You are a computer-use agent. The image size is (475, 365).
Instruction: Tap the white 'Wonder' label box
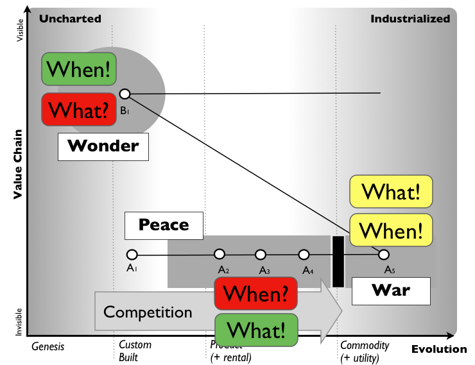tap(103, 146)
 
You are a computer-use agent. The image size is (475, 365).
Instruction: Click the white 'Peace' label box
tap(164, 225)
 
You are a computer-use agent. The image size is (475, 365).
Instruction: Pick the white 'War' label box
tap(391, 291)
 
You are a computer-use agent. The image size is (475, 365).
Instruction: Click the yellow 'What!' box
tap(391, 192)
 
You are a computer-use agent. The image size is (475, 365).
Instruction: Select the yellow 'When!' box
tap(391, 229)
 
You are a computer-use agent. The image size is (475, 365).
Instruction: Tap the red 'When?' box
tap(257, 294)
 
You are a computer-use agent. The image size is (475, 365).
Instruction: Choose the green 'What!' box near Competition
tap(257, 330)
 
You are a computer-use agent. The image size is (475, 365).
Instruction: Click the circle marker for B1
tap(125, 94)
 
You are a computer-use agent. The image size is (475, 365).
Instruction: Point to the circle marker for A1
tap(132, 254)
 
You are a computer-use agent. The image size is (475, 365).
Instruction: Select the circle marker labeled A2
tap(220, 254)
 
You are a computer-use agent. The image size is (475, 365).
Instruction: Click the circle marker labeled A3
tap(261, 254)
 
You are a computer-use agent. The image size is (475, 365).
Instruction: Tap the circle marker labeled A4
tap(304, 254)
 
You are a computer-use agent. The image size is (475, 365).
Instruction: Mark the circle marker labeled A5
tap(384, 254)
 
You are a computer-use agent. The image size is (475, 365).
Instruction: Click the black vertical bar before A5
tap(338, 261)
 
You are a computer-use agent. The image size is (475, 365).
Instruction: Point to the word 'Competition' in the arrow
tap(148, 312)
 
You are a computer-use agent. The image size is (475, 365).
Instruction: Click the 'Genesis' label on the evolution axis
tap(48, 346)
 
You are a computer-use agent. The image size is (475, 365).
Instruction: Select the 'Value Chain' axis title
tap(19, 164)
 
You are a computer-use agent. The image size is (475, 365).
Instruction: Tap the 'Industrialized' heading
tap(410, 19)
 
